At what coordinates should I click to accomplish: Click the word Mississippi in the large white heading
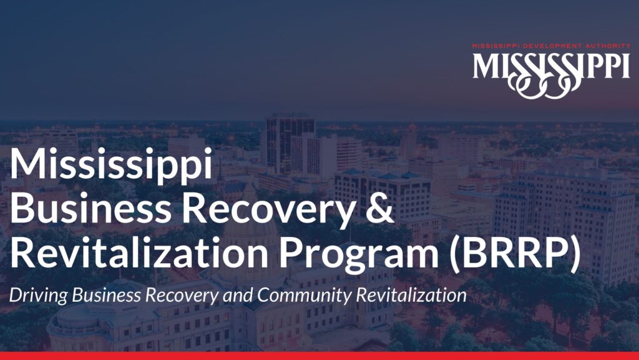(x=111, y=164)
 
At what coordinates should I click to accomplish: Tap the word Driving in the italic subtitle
(x=38, y=296)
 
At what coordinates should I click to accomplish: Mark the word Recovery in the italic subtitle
(x=182, y=296)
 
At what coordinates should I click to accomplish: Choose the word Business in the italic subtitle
(x=106, y=295)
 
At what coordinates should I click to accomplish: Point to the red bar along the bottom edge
(x=319, y=356)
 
